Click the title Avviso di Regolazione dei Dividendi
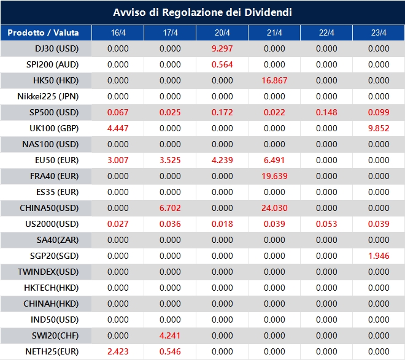[x=202, y=12]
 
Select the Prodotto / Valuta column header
[x=43, y=33]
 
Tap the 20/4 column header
[x=222, y=33]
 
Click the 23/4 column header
[x=379, y=33]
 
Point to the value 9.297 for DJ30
[x=222, y=48]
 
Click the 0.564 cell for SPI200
[x=222, y=64]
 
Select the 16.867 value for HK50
[x=274, y=80]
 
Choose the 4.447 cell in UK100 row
[x=118, y=128]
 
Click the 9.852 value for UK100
[x=379, y=128]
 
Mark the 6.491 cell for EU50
[x=274, y=160]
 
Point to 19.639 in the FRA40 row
[x=274, y=176]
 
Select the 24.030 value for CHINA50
[x=274, y=208]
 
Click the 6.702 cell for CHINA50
[x=170, y=208]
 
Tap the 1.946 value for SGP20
[x=379, y=256]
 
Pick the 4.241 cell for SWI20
[x=170, y=335]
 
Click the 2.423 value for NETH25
[x=118, y=351]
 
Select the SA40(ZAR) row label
[x=55, y=240]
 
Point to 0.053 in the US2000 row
[x=326, y=224]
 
